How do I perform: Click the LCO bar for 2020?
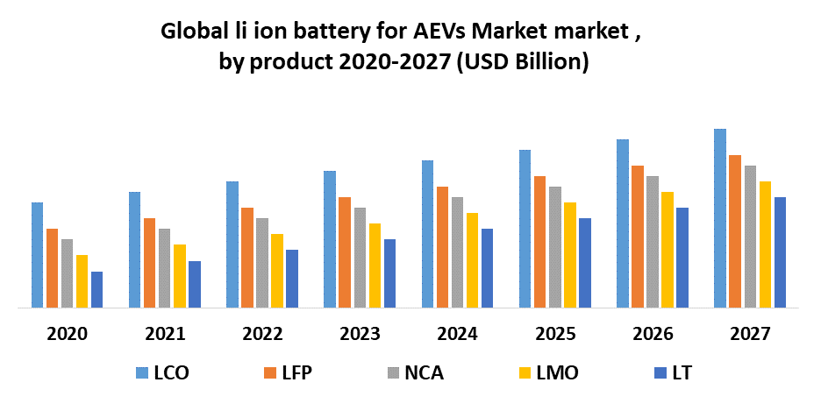(38, 255)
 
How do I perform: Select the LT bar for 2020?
(97, 289)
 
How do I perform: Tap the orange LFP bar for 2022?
(247, 258)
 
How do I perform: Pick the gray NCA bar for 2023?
(360, 258)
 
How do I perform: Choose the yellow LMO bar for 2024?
(472, 260)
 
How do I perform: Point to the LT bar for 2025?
(585, 263)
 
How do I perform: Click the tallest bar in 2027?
(720, 218)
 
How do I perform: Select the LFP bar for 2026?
(638, 237)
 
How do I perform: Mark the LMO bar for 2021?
(180, 276)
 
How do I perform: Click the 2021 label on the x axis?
(166, 334)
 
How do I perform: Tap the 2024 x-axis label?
(458, 334)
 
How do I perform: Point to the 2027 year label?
(750, 334)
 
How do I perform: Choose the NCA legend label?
(424, 373)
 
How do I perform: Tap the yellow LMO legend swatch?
(525, 373)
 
